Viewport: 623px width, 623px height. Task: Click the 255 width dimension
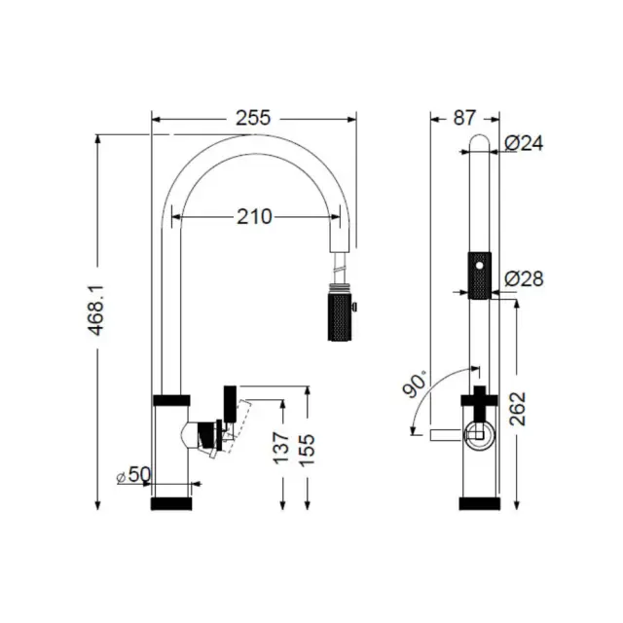click(253, 118)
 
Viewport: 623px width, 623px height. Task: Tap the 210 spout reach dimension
click(254, 217)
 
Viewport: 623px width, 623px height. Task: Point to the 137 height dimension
click(281, 448)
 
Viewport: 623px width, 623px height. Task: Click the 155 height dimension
click(307, 450)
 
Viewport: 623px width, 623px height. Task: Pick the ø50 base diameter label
click(134, 474)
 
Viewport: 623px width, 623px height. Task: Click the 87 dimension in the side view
click(464, 118)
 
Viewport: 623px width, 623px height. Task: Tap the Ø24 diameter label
click(524, 143)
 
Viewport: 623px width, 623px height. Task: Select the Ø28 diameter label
click(524, 279)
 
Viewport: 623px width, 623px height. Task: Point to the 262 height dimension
click(518, 409)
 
